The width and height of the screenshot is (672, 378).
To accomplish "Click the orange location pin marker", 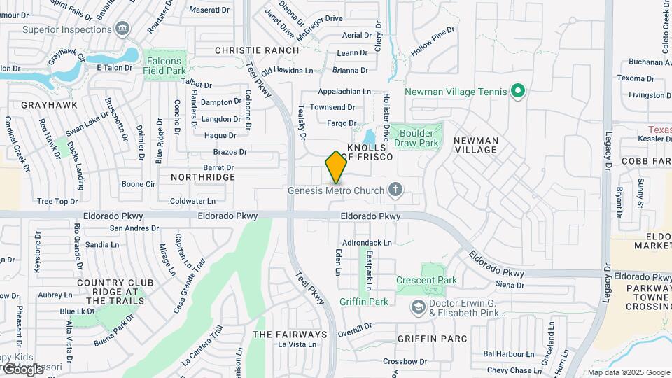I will [336, 167].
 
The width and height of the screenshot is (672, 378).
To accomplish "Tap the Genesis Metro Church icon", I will [395, 190].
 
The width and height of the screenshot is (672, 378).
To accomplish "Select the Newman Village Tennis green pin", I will [517, 91].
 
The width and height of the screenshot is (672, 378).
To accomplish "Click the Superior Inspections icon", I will [123, 29].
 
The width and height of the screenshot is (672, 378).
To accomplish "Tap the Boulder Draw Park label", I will [416, 137].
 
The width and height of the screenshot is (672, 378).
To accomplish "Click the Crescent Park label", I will [426, 280].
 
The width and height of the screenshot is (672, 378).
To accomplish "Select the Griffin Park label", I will [364, 302].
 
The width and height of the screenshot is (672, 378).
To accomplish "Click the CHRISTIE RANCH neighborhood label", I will [257, 50].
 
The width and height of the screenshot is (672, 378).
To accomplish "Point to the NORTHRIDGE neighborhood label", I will [203, 177].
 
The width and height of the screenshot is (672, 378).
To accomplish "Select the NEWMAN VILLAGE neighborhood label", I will [476, 145].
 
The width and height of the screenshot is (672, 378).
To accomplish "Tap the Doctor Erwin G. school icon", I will [418, 306].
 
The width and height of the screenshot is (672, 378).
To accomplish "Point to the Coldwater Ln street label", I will [192, 201].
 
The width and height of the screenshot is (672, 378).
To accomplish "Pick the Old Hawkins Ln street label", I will [287, 71].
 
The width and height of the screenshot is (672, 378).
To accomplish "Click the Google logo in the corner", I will [24, 369].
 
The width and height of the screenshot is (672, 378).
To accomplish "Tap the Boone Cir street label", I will [138, 184].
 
